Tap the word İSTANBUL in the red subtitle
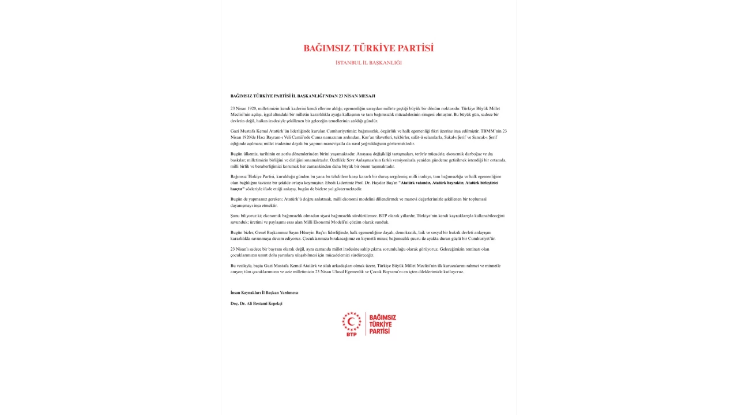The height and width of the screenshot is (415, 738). (348, 63)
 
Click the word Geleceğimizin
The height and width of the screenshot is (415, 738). (453, 249)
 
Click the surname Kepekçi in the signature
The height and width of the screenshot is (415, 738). (273, 303)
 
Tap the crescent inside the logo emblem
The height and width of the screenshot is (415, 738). (351, 320)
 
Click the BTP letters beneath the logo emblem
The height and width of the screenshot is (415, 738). (351, 334)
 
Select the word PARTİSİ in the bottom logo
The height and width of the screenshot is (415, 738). (379, 331)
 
